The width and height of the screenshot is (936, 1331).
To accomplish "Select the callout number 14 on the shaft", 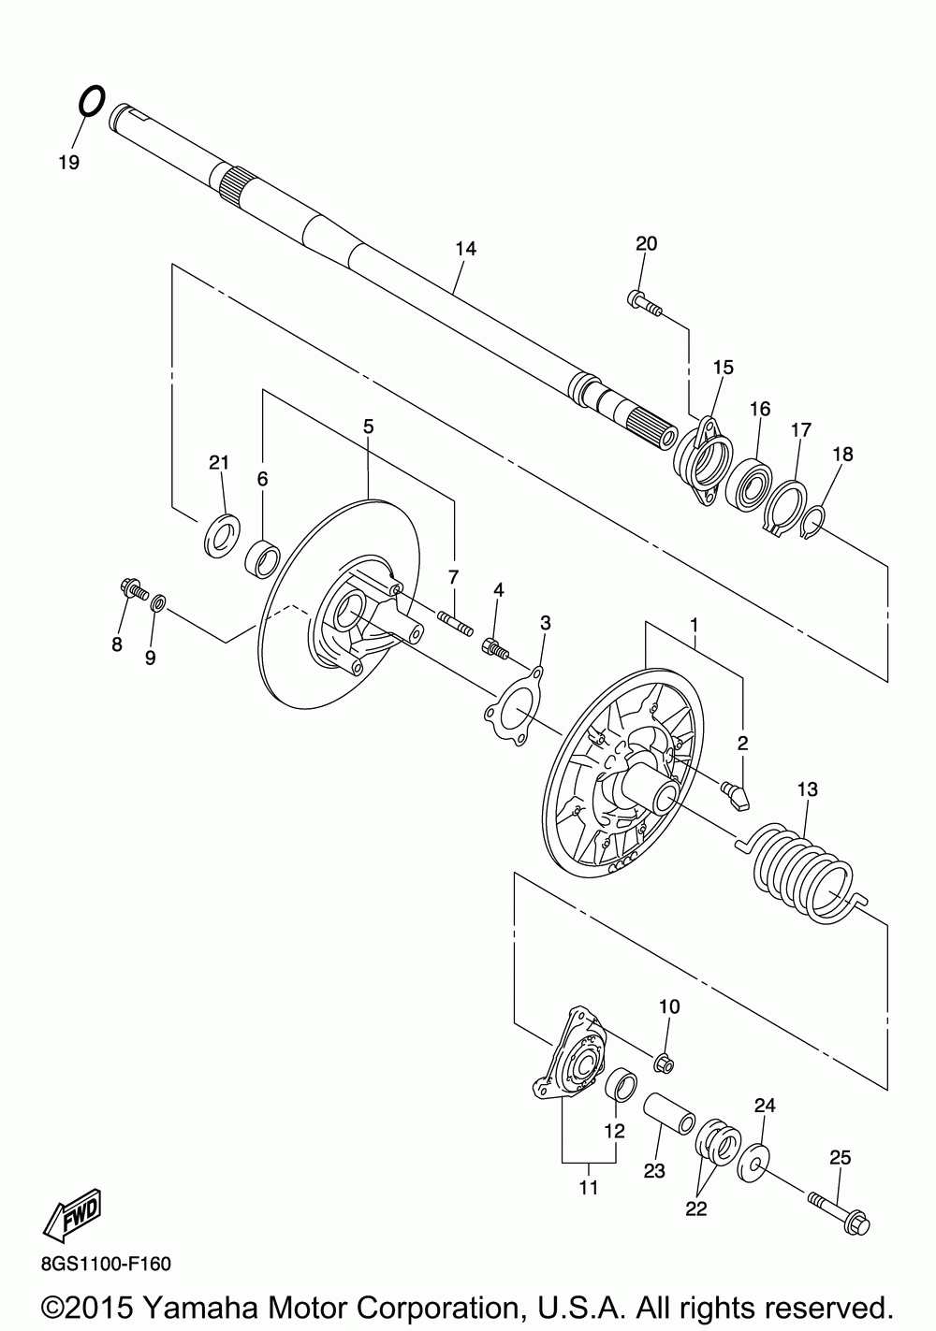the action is pyautogui.click(x=465, y=249).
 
